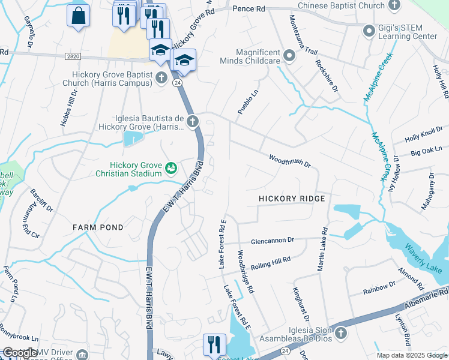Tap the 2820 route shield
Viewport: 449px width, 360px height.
(x=72, y=56)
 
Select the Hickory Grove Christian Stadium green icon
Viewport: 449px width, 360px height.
(x=171, y=168)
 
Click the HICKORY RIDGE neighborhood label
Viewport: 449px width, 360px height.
(x=292, y=199)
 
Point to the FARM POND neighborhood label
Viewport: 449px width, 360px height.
(x=98, y=227)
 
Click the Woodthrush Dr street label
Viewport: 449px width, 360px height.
(x=289, y=160)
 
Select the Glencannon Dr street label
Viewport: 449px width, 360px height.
(x=273, y=239)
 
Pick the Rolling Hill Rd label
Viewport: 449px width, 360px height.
(x=270, y=262)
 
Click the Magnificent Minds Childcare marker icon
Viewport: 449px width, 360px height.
(x=289, y=56)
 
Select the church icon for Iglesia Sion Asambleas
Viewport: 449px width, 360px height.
(x=340, y=332)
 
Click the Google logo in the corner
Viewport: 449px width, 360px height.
(x=20, y=353)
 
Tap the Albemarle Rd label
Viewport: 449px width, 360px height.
(x=426, y=295)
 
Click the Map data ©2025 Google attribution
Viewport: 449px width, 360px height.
(x=411, y=355)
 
